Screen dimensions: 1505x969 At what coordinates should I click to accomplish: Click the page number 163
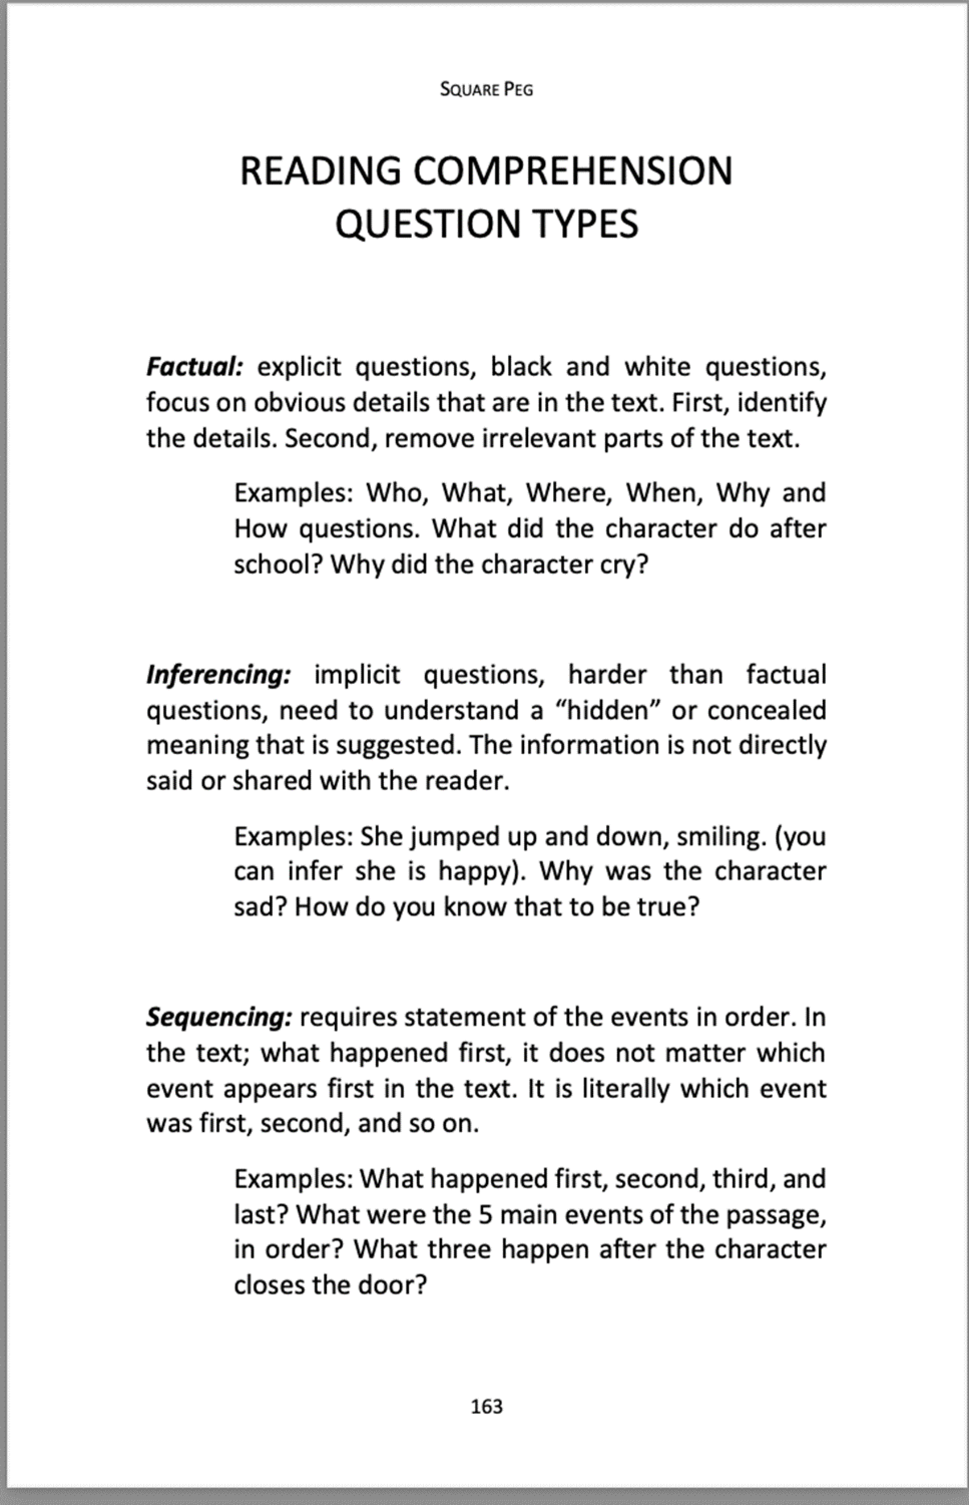(x=486, y=1406)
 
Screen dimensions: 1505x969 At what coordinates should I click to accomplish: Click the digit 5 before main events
(x=484, y=1214)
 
